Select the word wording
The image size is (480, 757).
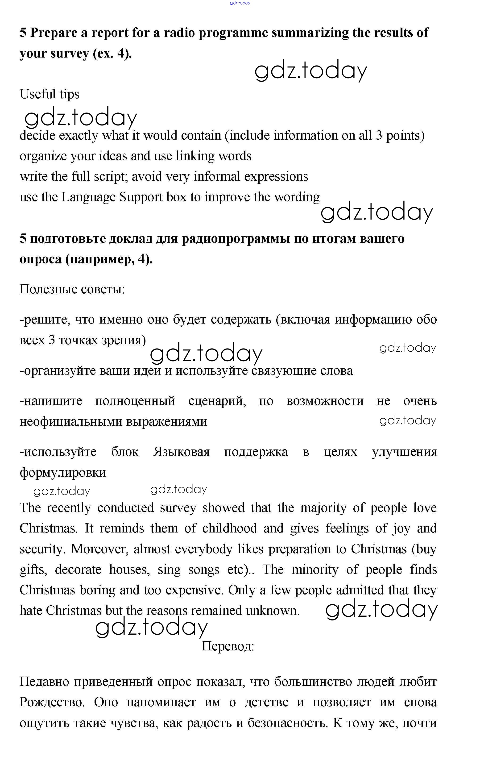click(x=297, y=197)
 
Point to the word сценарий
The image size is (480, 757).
click(x=217, y=401)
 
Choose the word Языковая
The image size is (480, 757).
click(x=181, y=452)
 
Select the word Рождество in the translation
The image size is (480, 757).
click(x=52, y=702)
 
